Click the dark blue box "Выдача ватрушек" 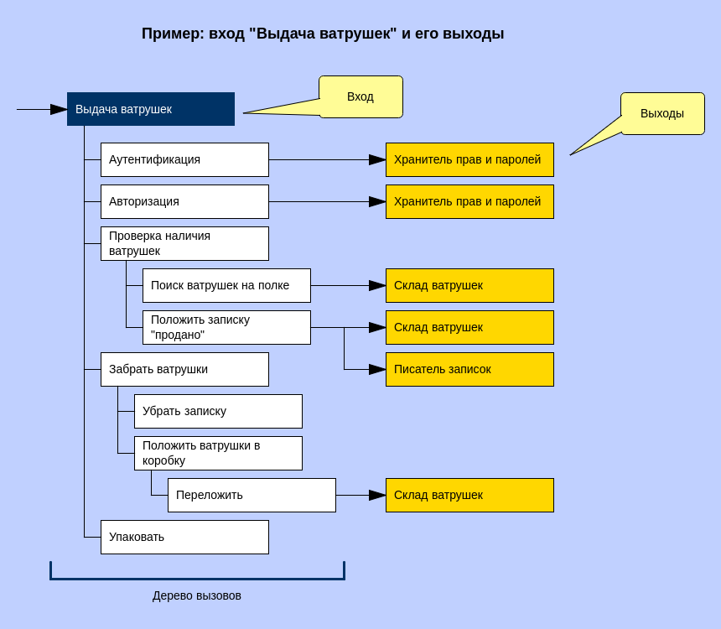(x=151, y=109)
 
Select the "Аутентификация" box (x=184, y=159)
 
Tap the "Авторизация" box (x=184, y=201)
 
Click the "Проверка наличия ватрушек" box (x=184, y=243)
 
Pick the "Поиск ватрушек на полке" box (x=226, y=285)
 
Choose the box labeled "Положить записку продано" (x=226, y=327)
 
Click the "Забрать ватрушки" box (x=184, y=369)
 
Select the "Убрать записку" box (x=218, y=411)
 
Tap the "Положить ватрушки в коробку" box (x=218, y=453)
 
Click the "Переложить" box (x=252, y=495)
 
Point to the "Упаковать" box (x=184, y=537)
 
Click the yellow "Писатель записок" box (x=469, y=369)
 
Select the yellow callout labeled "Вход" (x=360, y=96)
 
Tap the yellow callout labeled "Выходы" (x=662, y=113)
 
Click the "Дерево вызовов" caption (x=197, y=595)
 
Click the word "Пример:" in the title (x=173, y=34)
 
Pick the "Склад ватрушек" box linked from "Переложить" (x=469, y=495)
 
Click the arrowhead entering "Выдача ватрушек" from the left (x=59, y=109)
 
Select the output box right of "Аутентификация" (x=469, y=159)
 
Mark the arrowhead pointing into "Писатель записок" (x=377, y=369)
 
